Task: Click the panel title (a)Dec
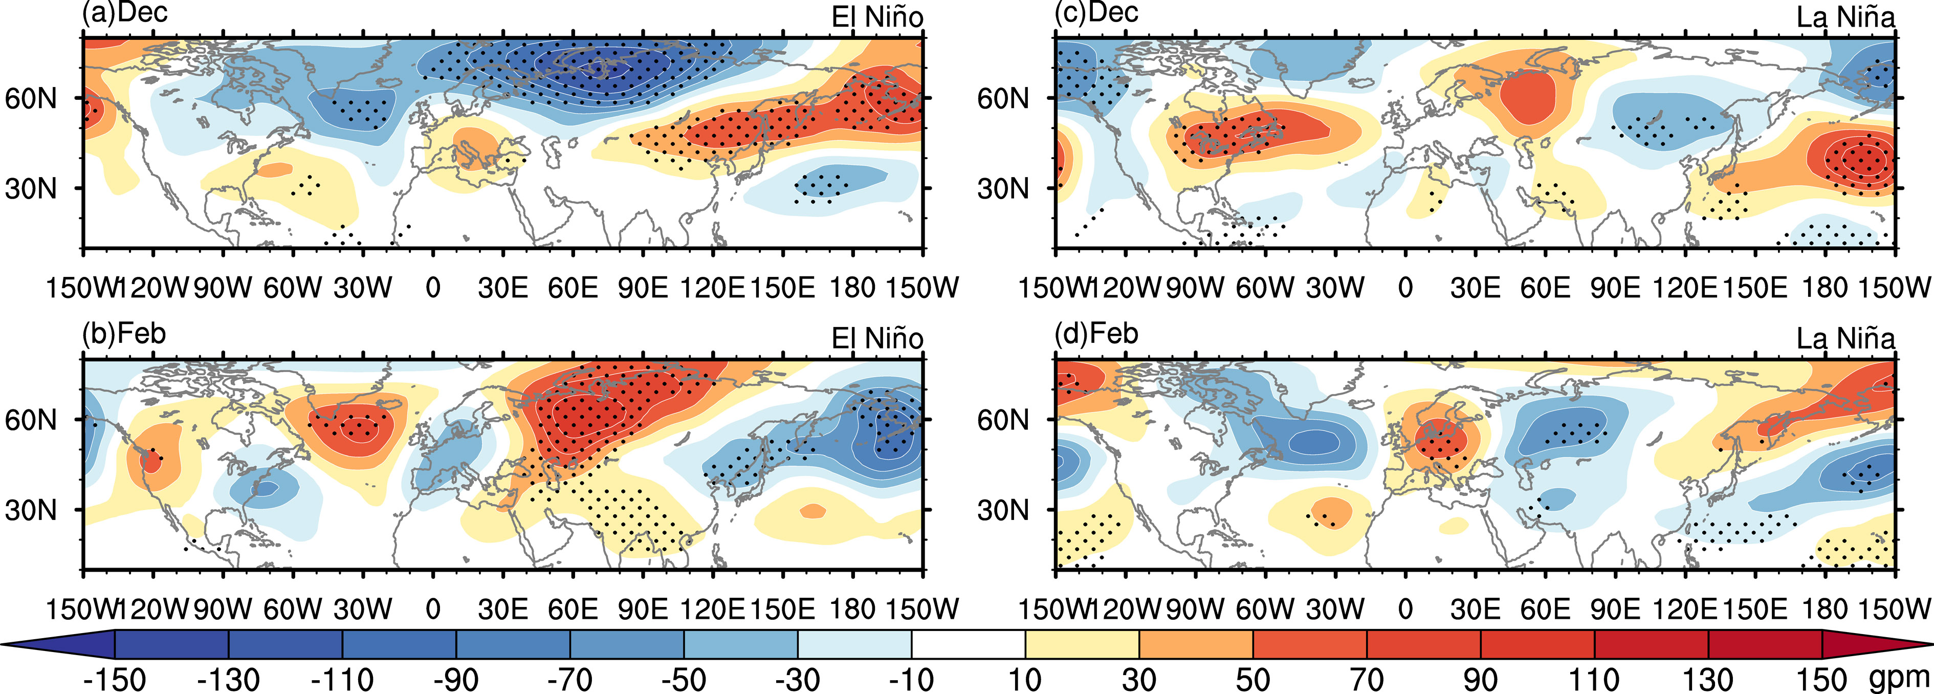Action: [x=125, y=13]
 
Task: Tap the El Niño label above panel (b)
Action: [x=877, y=339]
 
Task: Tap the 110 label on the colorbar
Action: [x=1594, y=680]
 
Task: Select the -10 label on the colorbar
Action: [x=911, y=680]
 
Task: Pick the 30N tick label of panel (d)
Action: [x=1002, y=510]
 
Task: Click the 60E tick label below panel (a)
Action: [x=573, y=287]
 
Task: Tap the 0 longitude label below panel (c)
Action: [x=1404, y=287]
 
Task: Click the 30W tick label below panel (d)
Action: [x=1334, y=609]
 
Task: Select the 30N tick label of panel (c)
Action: [x=1002, y=188]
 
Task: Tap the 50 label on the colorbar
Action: [x=1252, y=680]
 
